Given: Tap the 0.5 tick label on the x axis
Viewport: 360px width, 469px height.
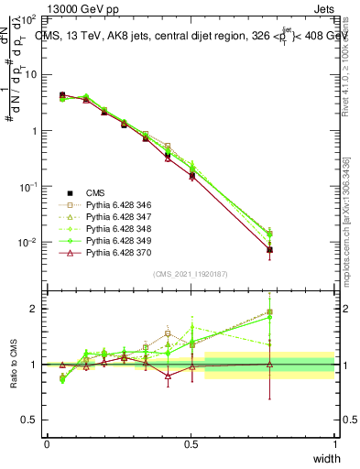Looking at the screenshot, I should point(191,444).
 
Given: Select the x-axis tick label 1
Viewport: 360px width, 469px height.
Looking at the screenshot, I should point(335,444).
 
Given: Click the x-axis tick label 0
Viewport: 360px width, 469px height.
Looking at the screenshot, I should point(47,444).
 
